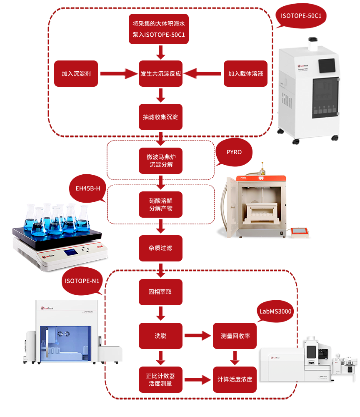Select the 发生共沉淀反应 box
pyautogui.click(x=160, y=74)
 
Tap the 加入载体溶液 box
pyautogui.click(x=245, y=74)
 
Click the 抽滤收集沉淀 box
pyautogui.click(x=160, y=117)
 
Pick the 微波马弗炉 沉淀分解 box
pyautogui.click(x=160, y=161)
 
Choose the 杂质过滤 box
pyautogui.click(x=160, y=248)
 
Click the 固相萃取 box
pyautogui.click(x=160, y=291)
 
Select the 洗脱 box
pyautogui.click(x=160, y=335)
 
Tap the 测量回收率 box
pyautogui.click(x=235, y=335)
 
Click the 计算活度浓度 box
pyautogui.click(x=235, y=379)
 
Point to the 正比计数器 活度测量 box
pyautogui.click(x=160, y=379)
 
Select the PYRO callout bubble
pyautogui.click(x=234, y=152)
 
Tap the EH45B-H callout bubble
pyautogui.click(x=87, y=188)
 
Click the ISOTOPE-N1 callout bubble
pyautogui.click(x=82, y=281)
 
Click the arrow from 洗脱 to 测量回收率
pyautogui.click(x=197, y=335)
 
